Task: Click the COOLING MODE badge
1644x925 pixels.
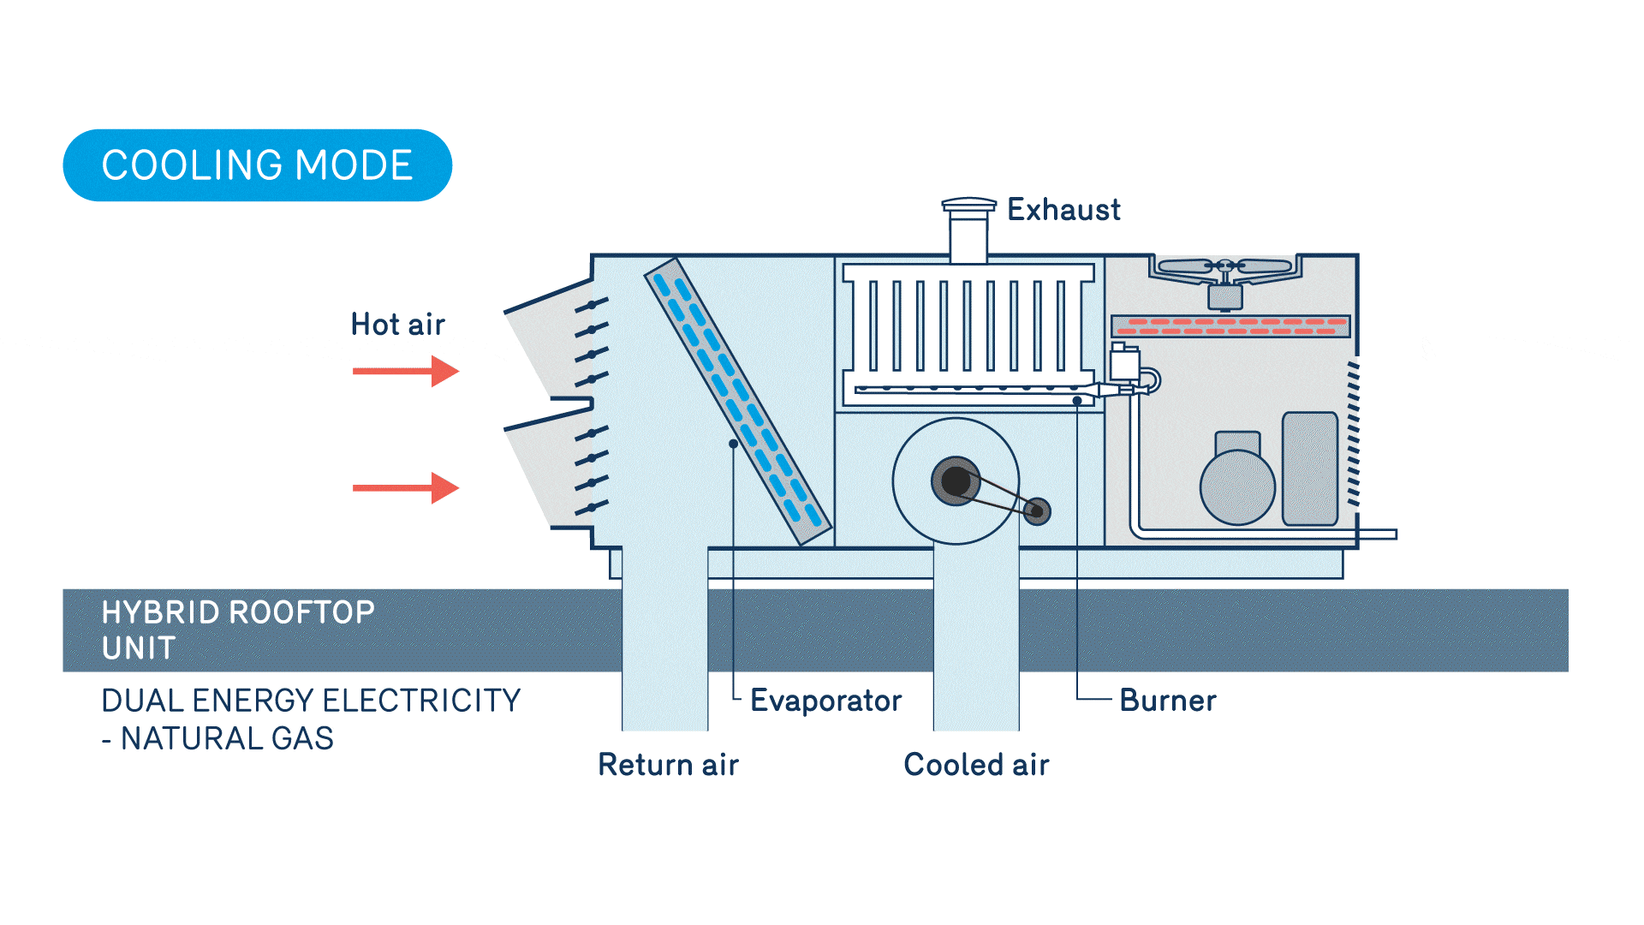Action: (257, 165)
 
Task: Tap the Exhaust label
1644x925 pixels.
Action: (1063, 210)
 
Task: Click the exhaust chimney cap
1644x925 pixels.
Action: (968, 206)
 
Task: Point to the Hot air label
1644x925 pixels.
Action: (397, 325)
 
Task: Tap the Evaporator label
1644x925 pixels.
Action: (825, 701)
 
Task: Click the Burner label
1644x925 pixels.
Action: (1167, 701)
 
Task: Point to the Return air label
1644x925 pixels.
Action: (668, 765)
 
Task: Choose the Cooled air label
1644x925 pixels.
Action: (976, 765)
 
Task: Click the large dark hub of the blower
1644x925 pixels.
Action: (956, 481)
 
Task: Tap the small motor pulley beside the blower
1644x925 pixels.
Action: (1037, 511)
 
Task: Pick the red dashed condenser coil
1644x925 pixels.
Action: (1230, 326)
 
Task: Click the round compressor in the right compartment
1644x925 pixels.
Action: (1237, 486)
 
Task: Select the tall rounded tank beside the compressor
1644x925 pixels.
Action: (1310, 468)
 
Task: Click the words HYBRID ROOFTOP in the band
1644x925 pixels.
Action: (238, 612)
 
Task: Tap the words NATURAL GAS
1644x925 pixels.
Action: (227, 738)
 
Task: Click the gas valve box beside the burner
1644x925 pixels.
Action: (1124, 364)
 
